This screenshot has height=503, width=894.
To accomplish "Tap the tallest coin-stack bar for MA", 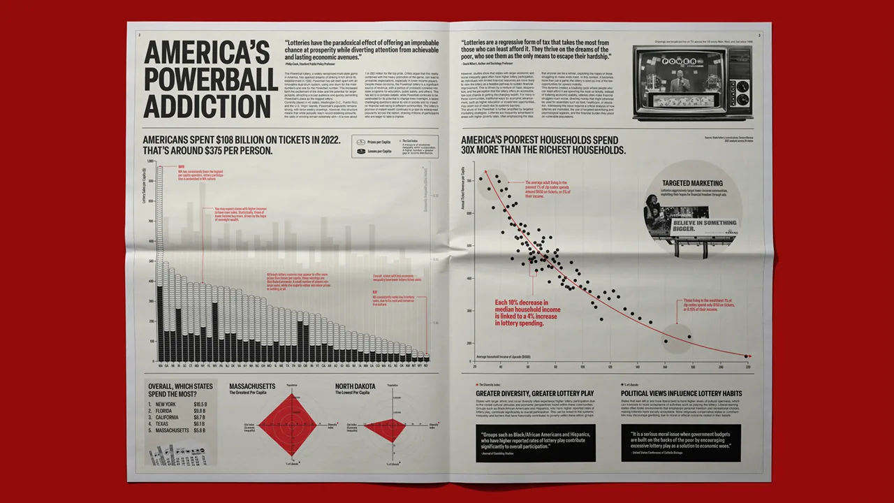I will click(160, 265).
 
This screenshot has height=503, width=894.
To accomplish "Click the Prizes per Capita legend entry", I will click(377, 140).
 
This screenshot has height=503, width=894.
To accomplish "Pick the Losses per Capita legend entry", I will click(377, 150).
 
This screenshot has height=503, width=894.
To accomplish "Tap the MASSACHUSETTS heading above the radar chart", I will click(252, 386).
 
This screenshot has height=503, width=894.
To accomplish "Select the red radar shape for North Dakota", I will click(383, 425).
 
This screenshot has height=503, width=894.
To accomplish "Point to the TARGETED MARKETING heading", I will click(691, 183).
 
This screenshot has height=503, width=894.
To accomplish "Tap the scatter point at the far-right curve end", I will click(747, 356).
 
